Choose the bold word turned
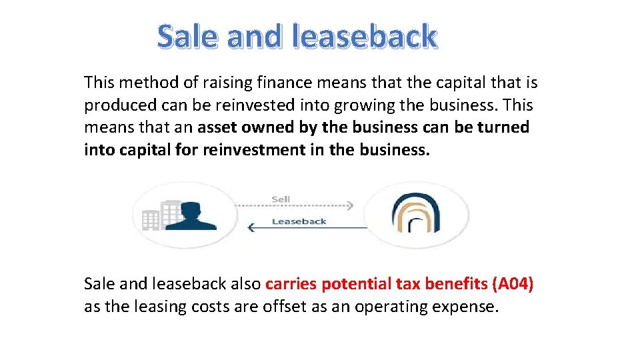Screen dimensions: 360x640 [503, 127]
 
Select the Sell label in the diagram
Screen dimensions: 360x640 [281, 199]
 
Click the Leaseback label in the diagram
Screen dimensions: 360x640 [299, 221]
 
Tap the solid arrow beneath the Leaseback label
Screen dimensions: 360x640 [307, 229]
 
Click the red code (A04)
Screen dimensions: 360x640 [512, 284]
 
